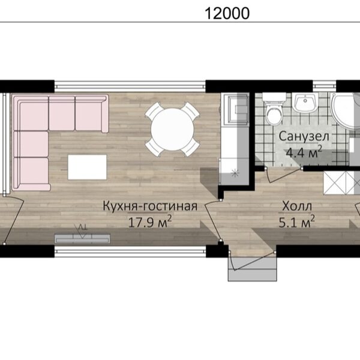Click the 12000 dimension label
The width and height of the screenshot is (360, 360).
[227, 13]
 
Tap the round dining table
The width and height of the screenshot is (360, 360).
[172, 129]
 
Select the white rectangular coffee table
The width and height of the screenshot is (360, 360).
[87, 167]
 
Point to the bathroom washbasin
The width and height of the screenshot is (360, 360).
[305, 103]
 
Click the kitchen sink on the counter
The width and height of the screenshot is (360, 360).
[237, 109]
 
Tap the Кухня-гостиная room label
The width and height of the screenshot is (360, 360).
[150, 206]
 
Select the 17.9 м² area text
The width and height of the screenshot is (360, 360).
[149, 222]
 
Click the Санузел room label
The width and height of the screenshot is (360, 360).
[304, 136]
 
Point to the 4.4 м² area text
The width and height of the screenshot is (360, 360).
[303, 152]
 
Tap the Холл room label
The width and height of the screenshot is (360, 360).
[297, 206]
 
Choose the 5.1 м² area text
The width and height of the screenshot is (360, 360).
[296, 222]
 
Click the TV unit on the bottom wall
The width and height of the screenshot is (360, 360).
[82, 239]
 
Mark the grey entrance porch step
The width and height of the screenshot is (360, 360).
[253, 269]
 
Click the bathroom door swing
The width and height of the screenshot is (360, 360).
[284, 176]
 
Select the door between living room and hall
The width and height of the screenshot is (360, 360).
[212, 220]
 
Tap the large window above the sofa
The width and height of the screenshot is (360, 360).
[130, 86]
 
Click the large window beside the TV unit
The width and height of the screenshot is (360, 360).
[130, 251]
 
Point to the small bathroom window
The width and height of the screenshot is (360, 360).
[325, 86]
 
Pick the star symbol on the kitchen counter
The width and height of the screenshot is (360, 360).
[235, 173]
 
